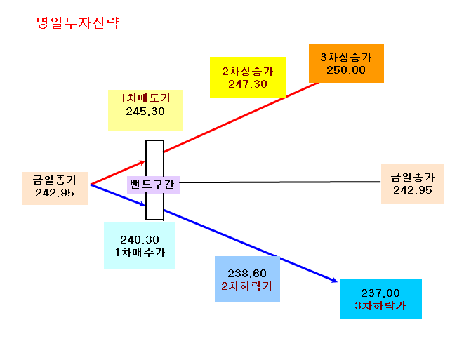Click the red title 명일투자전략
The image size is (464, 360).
pyautogui.click(x=78, y=22)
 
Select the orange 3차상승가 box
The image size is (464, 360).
pyautogui.click(x=346, y=63)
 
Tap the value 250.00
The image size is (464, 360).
pyautogui.click(x=346, y=70)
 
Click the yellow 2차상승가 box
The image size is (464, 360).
pyautogui.click(x=248, y=77)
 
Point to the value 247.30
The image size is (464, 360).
pyautogui.click(x=248, y=84)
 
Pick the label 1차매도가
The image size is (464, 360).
pyautogui.click(x=145, y=98)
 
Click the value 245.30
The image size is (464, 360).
pyautogui.click(x=145, y=112)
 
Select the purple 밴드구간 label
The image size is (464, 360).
pyautogui.click(x=153, y=185)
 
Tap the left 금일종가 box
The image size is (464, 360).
pyautogui.click(x=55, y=188)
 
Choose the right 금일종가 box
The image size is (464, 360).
pyautogui.click(x=413, y=183)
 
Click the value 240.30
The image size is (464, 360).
pyautogui.click(x=140, y=239)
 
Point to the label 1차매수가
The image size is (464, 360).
pyautogui.click(x=140, y=253)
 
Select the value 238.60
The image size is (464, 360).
pyautogui.click(x=247, y=273)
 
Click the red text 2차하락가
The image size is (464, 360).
pyautogui.click(x=247, y=286)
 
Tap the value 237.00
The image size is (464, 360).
pyautogui.click(x=380, y=293)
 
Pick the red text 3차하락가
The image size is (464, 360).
pyautogui.click(x=380, y=305)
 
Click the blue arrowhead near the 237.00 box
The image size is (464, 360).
pyautogui.click(x=334, y=280)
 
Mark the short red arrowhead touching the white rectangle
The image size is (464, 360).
pyautogui.click(x=142, y=162)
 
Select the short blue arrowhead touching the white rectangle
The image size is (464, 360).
pyautogui.click(x=142, y=204)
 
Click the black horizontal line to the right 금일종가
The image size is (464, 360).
pyautogui.click(x=280, y=182)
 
